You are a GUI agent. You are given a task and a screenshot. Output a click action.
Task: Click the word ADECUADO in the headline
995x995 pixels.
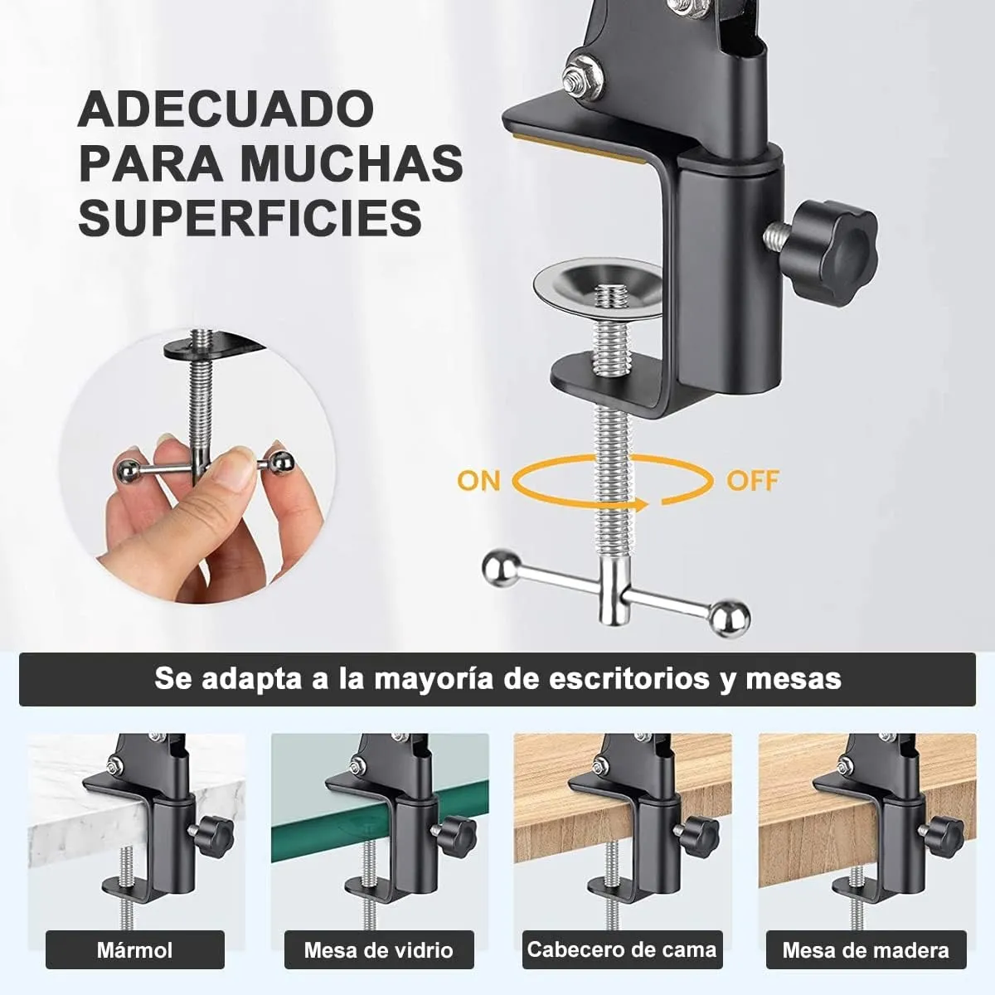point(226,109)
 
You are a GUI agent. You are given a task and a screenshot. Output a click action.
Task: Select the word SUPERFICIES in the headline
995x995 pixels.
point(250,216)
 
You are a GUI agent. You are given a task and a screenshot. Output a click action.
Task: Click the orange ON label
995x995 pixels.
point(478,480)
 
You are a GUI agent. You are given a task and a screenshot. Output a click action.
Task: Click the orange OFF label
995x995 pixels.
point(752,480)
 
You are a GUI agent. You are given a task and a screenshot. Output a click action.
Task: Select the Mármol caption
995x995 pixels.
point(134,949)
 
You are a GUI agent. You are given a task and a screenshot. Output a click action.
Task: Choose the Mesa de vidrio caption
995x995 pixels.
point(378,949)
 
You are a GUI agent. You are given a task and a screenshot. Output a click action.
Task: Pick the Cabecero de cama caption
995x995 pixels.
point(621,949)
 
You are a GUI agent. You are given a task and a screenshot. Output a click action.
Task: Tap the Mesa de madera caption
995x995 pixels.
point(866,949)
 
